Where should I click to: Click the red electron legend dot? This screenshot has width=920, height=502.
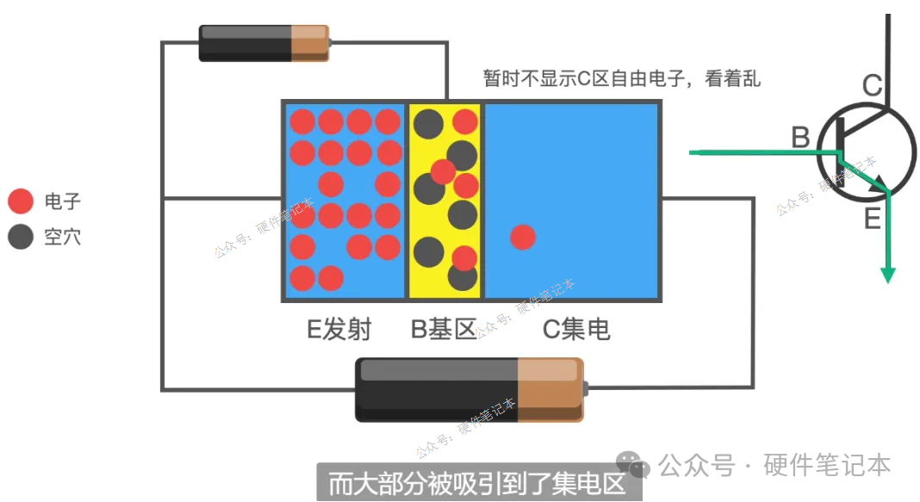[x=21, y=201]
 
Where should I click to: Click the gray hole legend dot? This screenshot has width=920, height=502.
[x=21, y=237]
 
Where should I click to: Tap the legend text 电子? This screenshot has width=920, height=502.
[x=63, y=201]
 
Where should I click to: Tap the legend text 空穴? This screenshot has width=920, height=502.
[x=63, y=237]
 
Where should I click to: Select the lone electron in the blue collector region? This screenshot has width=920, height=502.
[x=523, y=237]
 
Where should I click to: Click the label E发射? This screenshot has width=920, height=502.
[x=339, y=329]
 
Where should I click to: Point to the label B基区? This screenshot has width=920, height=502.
[x=444, y=329]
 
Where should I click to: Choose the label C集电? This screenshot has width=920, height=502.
[x=576, y=329]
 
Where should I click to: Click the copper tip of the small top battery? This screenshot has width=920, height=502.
[x=310, y=43]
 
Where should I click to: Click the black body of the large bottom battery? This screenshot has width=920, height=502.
[x=437, y=389]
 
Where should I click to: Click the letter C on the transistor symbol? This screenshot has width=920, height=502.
[x=873, y=85]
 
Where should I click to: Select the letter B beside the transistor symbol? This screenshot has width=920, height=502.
[x=800, y=138]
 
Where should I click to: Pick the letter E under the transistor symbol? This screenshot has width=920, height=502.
[x=873, y=219]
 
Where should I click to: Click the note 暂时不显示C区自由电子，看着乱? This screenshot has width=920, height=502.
[x=622, y=78]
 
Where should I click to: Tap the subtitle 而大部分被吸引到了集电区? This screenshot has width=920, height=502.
[x=477, y=484]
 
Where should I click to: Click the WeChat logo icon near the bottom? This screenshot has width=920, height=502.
[x=632, y=465]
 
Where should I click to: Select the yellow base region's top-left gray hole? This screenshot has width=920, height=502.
[x=428, y=124]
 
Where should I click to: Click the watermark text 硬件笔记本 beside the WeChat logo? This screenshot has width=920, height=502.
[x=827, y=465]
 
